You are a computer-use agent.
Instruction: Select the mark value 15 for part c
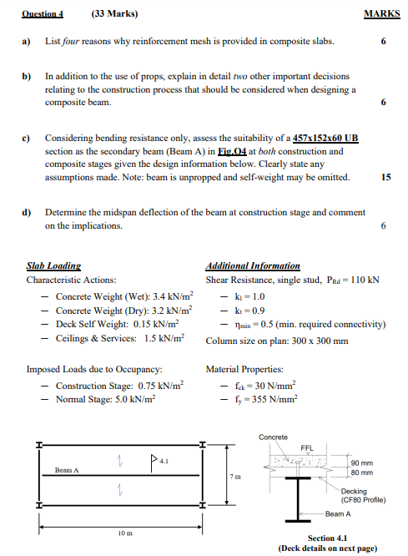click(x=385, y=177)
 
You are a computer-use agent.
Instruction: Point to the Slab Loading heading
click(x=54, y=265)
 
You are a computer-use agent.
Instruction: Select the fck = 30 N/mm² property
click(x=265, y=386)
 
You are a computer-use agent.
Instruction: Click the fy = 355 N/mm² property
click(x=265, y=400)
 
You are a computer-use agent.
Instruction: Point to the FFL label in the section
click(x=306, y=447)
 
